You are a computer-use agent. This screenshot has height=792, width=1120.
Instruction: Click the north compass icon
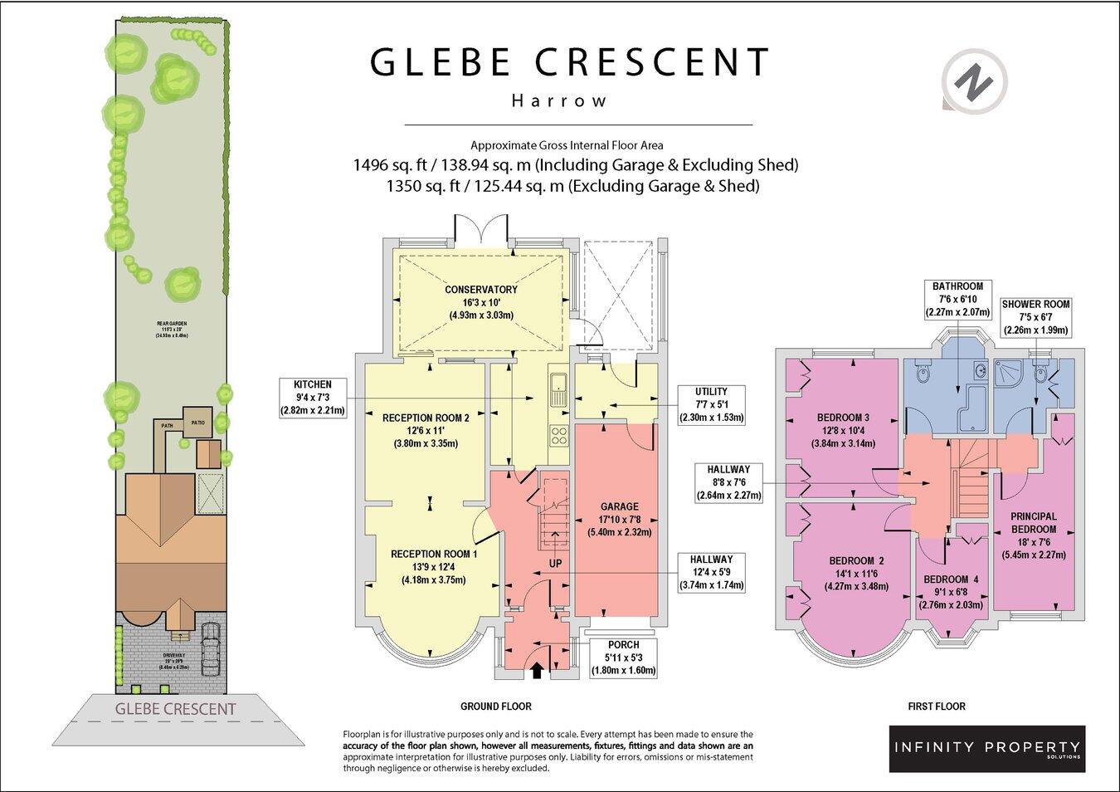975,81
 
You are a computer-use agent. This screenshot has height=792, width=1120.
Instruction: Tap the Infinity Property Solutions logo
986,748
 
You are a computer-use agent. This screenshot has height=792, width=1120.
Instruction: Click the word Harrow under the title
559,101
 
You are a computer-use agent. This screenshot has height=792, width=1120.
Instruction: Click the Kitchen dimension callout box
312,398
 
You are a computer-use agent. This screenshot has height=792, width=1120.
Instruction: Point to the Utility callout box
711,404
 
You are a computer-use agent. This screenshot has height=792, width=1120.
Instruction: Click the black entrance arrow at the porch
537,670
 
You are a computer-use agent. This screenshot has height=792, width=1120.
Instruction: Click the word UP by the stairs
556,564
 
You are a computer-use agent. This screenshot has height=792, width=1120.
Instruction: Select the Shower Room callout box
1035,317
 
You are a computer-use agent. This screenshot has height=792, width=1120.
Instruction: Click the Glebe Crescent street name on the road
175,709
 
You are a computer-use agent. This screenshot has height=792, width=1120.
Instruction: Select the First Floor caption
937,706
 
